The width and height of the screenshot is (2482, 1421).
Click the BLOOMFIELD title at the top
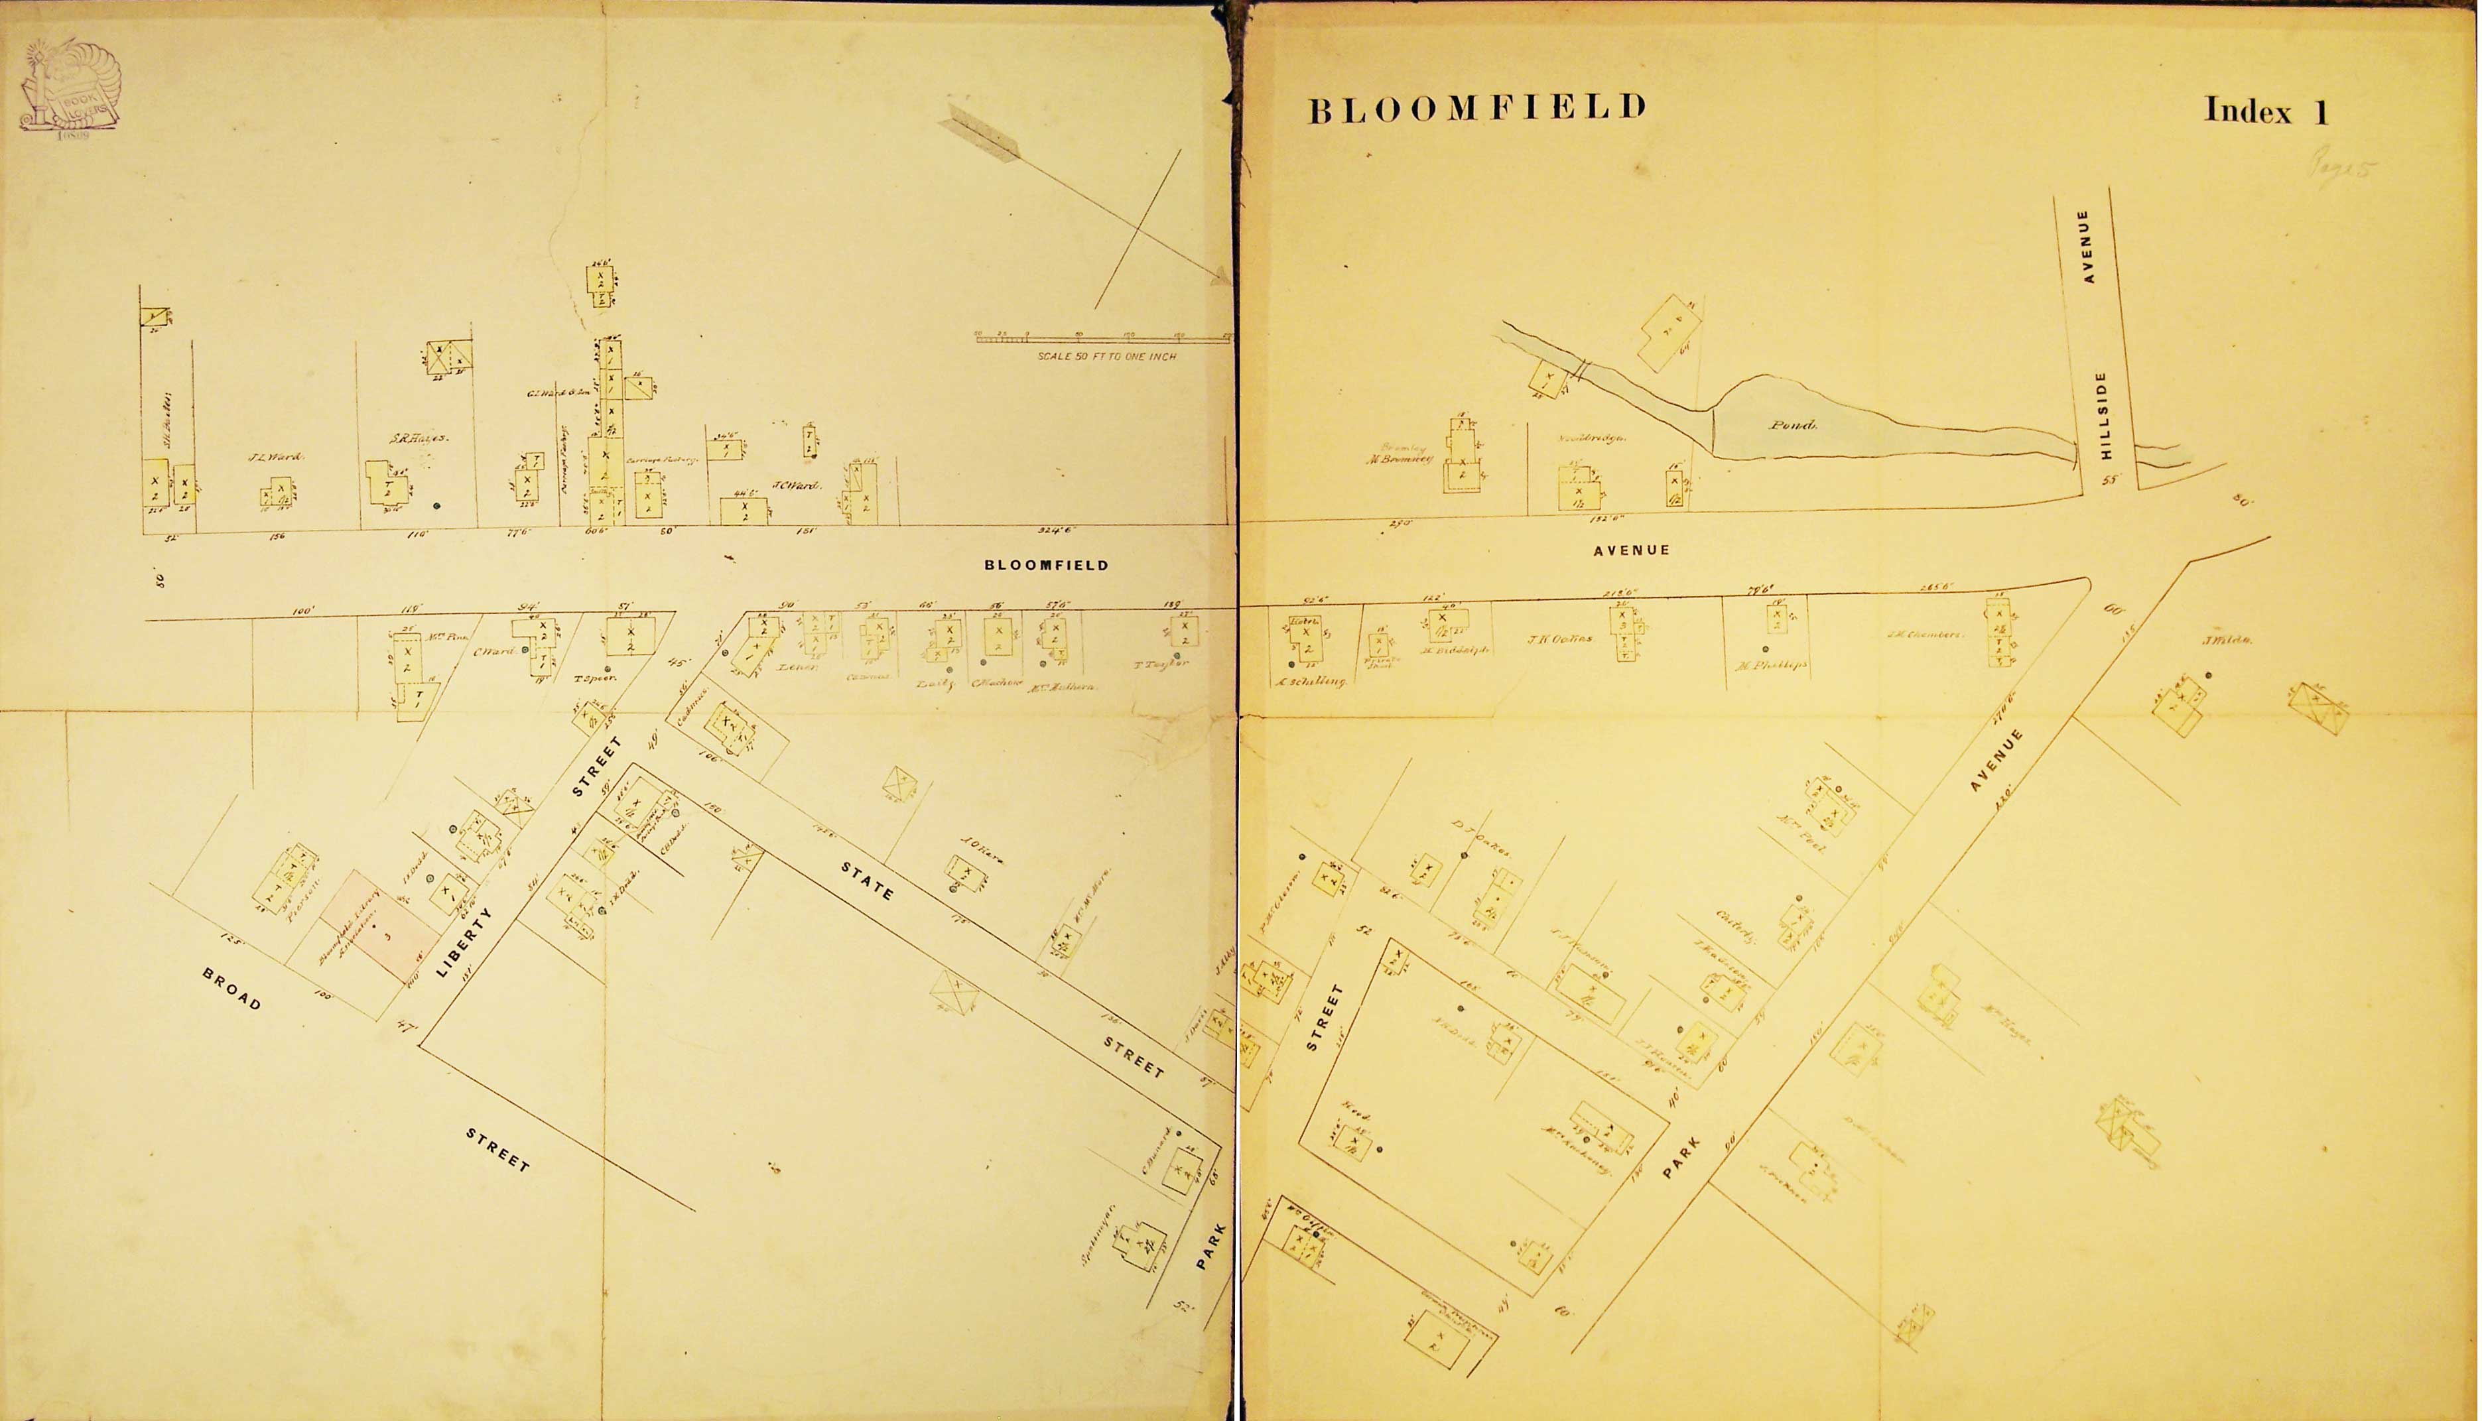click(1476, 108)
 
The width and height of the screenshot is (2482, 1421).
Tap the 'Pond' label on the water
click(1792, 426)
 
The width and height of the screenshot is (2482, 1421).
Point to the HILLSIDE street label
click(2103, 416)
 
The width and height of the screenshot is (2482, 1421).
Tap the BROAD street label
click(231, 989)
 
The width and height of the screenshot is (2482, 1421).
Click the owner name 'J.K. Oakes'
click(1559, 639)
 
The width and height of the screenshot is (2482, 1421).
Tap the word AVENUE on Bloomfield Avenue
click(1631, 550)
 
